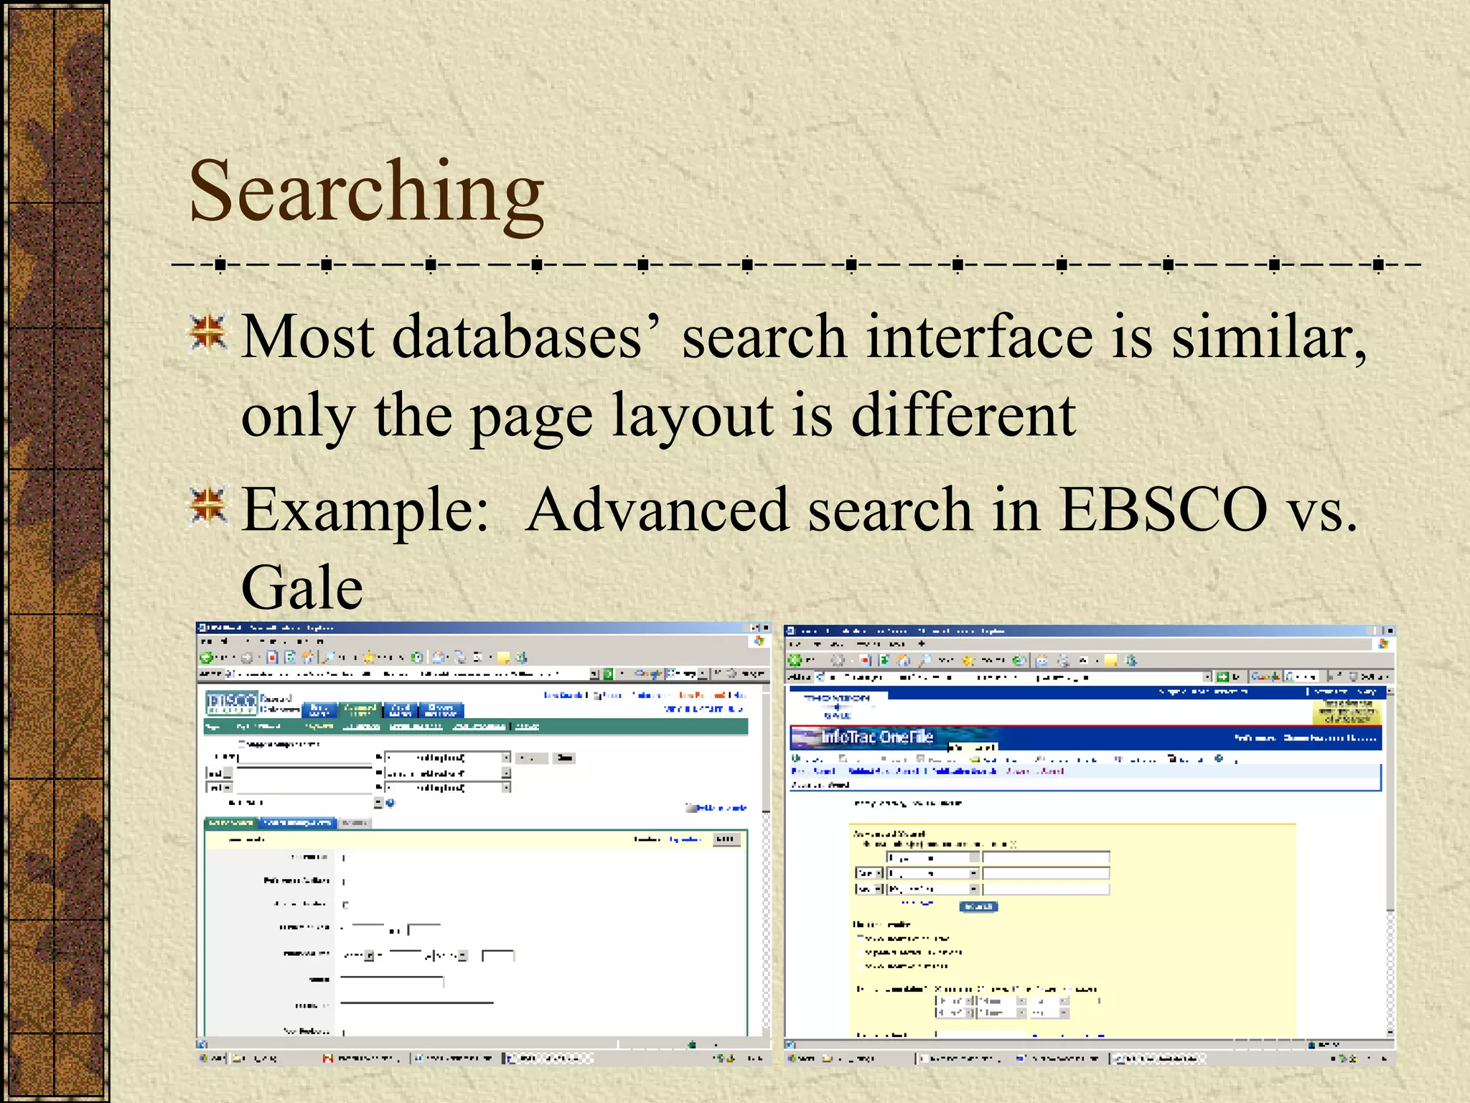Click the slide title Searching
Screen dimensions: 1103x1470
coord(366,192)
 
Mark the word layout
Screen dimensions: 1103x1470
coord(693,416)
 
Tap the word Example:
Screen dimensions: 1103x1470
coord(365,510)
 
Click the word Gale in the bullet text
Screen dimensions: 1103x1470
coord(302,587)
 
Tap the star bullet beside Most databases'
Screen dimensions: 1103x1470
coord(208,333)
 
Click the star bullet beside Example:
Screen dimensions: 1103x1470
coord(208,506)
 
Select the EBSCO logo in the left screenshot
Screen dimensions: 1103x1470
coord(231,702)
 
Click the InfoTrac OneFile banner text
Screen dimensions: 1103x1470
coord(876,737)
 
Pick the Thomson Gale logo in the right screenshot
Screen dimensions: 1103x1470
coord(837,706)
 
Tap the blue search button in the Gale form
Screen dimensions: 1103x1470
coord(978,906)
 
